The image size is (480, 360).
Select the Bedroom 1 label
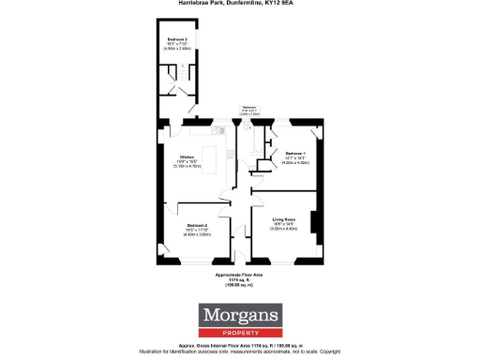[x=296, y=153]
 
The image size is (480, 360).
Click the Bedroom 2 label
[x=197, y=226]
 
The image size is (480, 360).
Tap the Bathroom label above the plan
[x=249, y=107]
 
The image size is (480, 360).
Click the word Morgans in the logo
[x=240, y=315]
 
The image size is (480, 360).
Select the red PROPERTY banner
[x=240, y=331]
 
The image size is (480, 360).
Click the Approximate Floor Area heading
[x=240, y=275]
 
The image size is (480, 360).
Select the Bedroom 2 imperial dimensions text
[x=197, y=231]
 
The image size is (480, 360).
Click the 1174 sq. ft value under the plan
[x=240, y=279]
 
